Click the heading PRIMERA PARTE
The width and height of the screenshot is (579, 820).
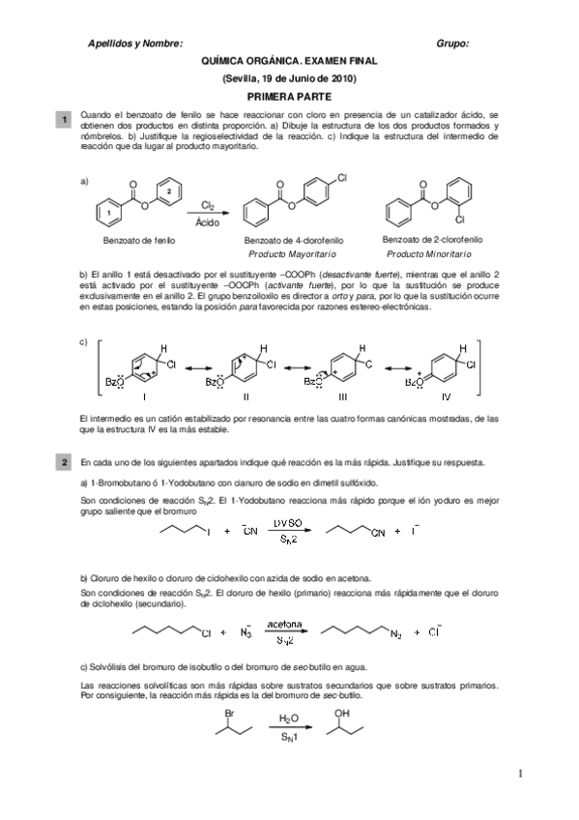pos(289,97)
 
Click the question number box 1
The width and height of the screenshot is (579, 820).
pos(64,119)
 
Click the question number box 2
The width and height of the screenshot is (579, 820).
pos(64,464)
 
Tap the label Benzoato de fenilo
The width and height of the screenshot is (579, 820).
pos(140,238)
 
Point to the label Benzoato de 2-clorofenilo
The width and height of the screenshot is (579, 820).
pos(432,237)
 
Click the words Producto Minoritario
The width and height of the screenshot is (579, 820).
pos(429,253)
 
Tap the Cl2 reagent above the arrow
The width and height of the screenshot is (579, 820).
pos(208,204)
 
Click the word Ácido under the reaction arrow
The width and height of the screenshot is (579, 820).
pos(208,221)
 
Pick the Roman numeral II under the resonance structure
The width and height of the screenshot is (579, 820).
pos(246,395)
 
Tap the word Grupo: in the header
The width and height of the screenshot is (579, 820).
pos(452,44)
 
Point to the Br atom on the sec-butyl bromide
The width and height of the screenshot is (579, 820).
pos(229,717)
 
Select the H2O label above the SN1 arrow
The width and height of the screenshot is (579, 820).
pos(288,719)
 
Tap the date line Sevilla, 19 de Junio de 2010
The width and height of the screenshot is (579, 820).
pos(289,77)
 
